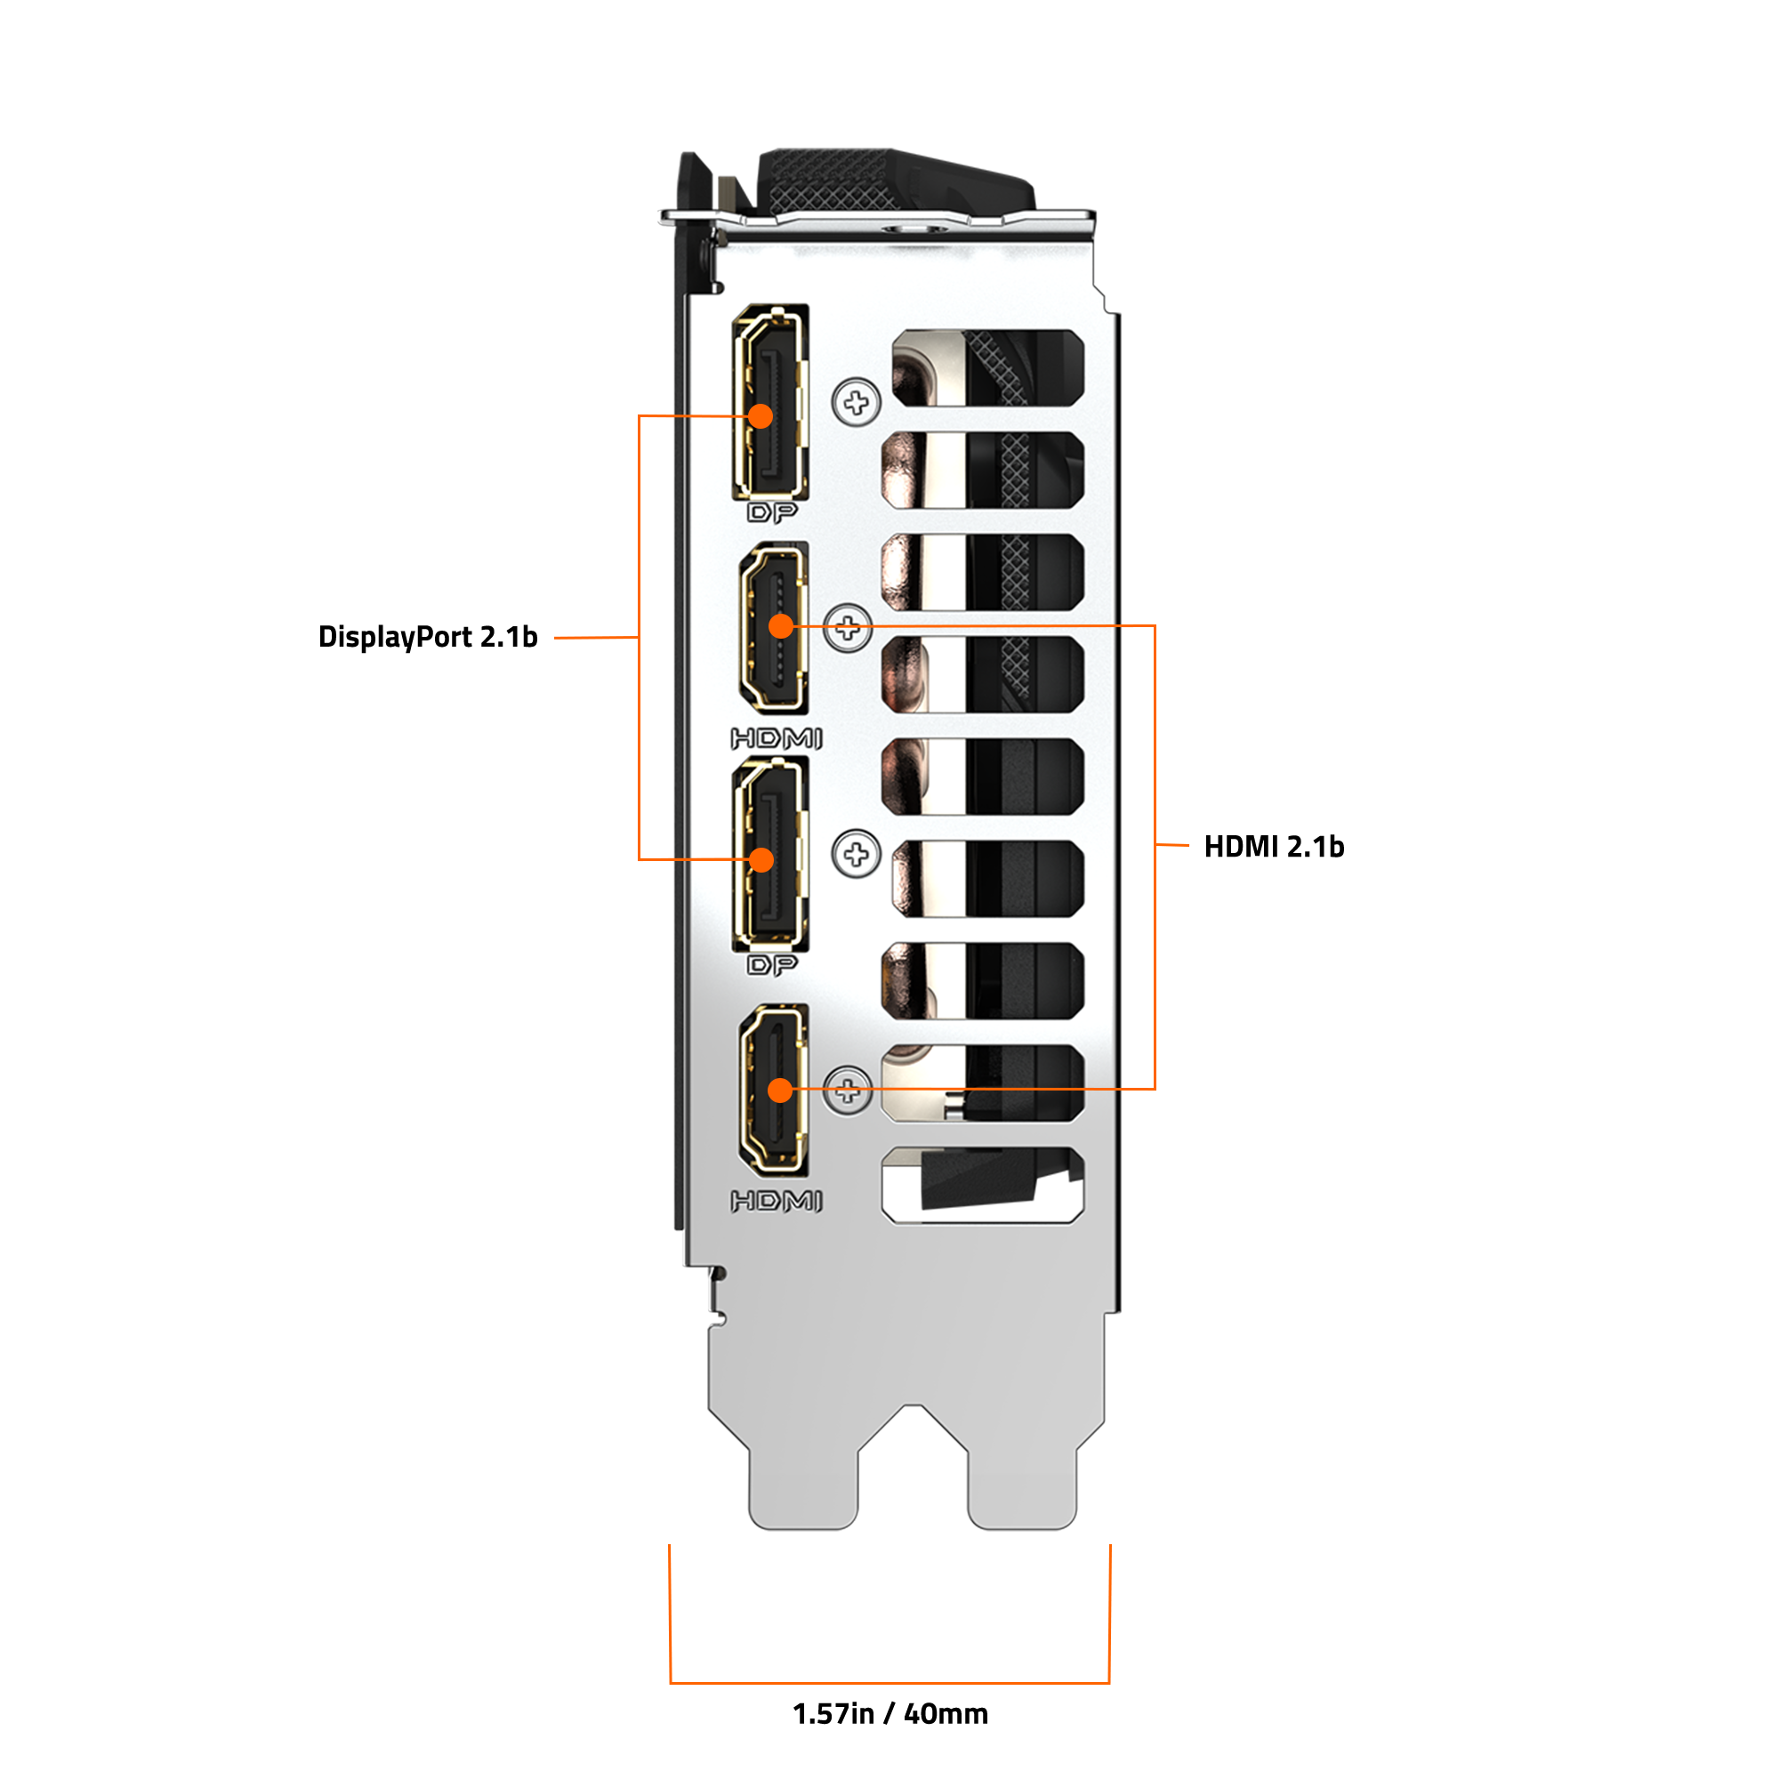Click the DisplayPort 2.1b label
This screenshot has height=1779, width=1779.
tap(427, 637)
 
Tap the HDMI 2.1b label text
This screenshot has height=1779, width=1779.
tap(1275, 846)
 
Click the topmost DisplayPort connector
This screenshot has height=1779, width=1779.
tap(770, 401)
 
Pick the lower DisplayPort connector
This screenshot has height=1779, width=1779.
tap(770, 854)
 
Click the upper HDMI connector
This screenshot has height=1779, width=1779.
tap(775, 628)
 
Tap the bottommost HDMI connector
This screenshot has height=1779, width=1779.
tap(775, 1091)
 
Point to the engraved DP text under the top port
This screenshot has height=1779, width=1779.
tap(771, 513)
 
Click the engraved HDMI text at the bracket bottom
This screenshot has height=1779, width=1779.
tap(777, 1201)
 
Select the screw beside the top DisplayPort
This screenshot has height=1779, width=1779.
tap(857, 402)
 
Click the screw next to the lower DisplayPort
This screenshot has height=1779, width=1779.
tap(857, 855)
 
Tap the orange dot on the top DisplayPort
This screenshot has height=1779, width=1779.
tap(761, 416)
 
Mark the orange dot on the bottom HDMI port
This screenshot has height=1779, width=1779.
tap(781, 1091)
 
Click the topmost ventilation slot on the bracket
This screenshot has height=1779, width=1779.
tap(988, 367)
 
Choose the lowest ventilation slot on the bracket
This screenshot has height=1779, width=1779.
tap(983, 1185)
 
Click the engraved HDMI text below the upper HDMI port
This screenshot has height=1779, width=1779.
tap(777, 738)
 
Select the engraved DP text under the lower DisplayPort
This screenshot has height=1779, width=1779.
tap(771, 965)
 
